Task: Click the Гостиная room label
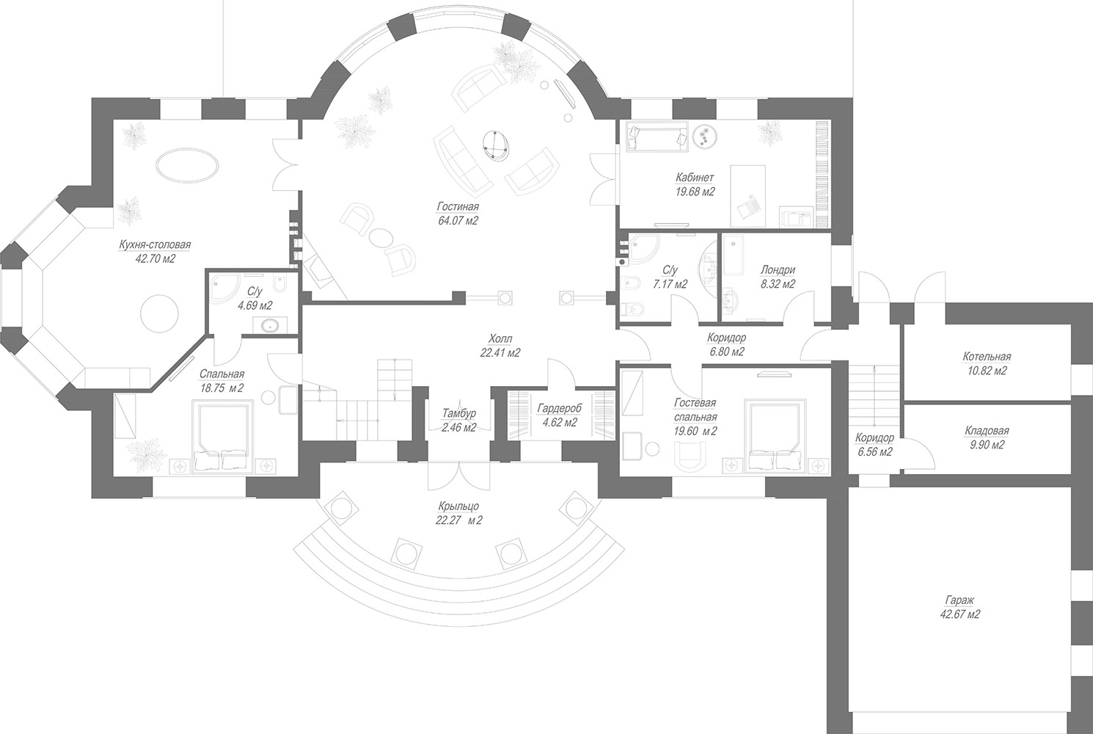[x=458, y=206]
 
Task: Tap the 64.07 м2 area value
[x=458, y=221]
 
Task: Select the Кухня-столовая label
[x=155, y=244]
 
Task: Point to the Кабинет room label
[x=695, y=178]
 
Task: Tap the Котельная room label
[x=987, y=357]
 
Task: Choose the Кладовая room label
[x=987, y=431]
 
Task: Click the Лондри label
[x=778, y=269]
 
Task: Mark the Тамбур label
[x=458, y=413]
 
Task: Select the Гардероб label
[x=559, y=408]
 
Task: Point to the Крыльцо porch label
[x=458, y=506]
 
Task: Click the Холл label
[x=500, y=338]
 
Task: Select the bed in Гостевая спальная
[x=775, y=436]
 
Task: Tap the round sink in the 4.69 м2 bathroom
[x=268, y=324]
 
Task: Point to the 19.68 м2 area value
[x=695, y=192]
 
